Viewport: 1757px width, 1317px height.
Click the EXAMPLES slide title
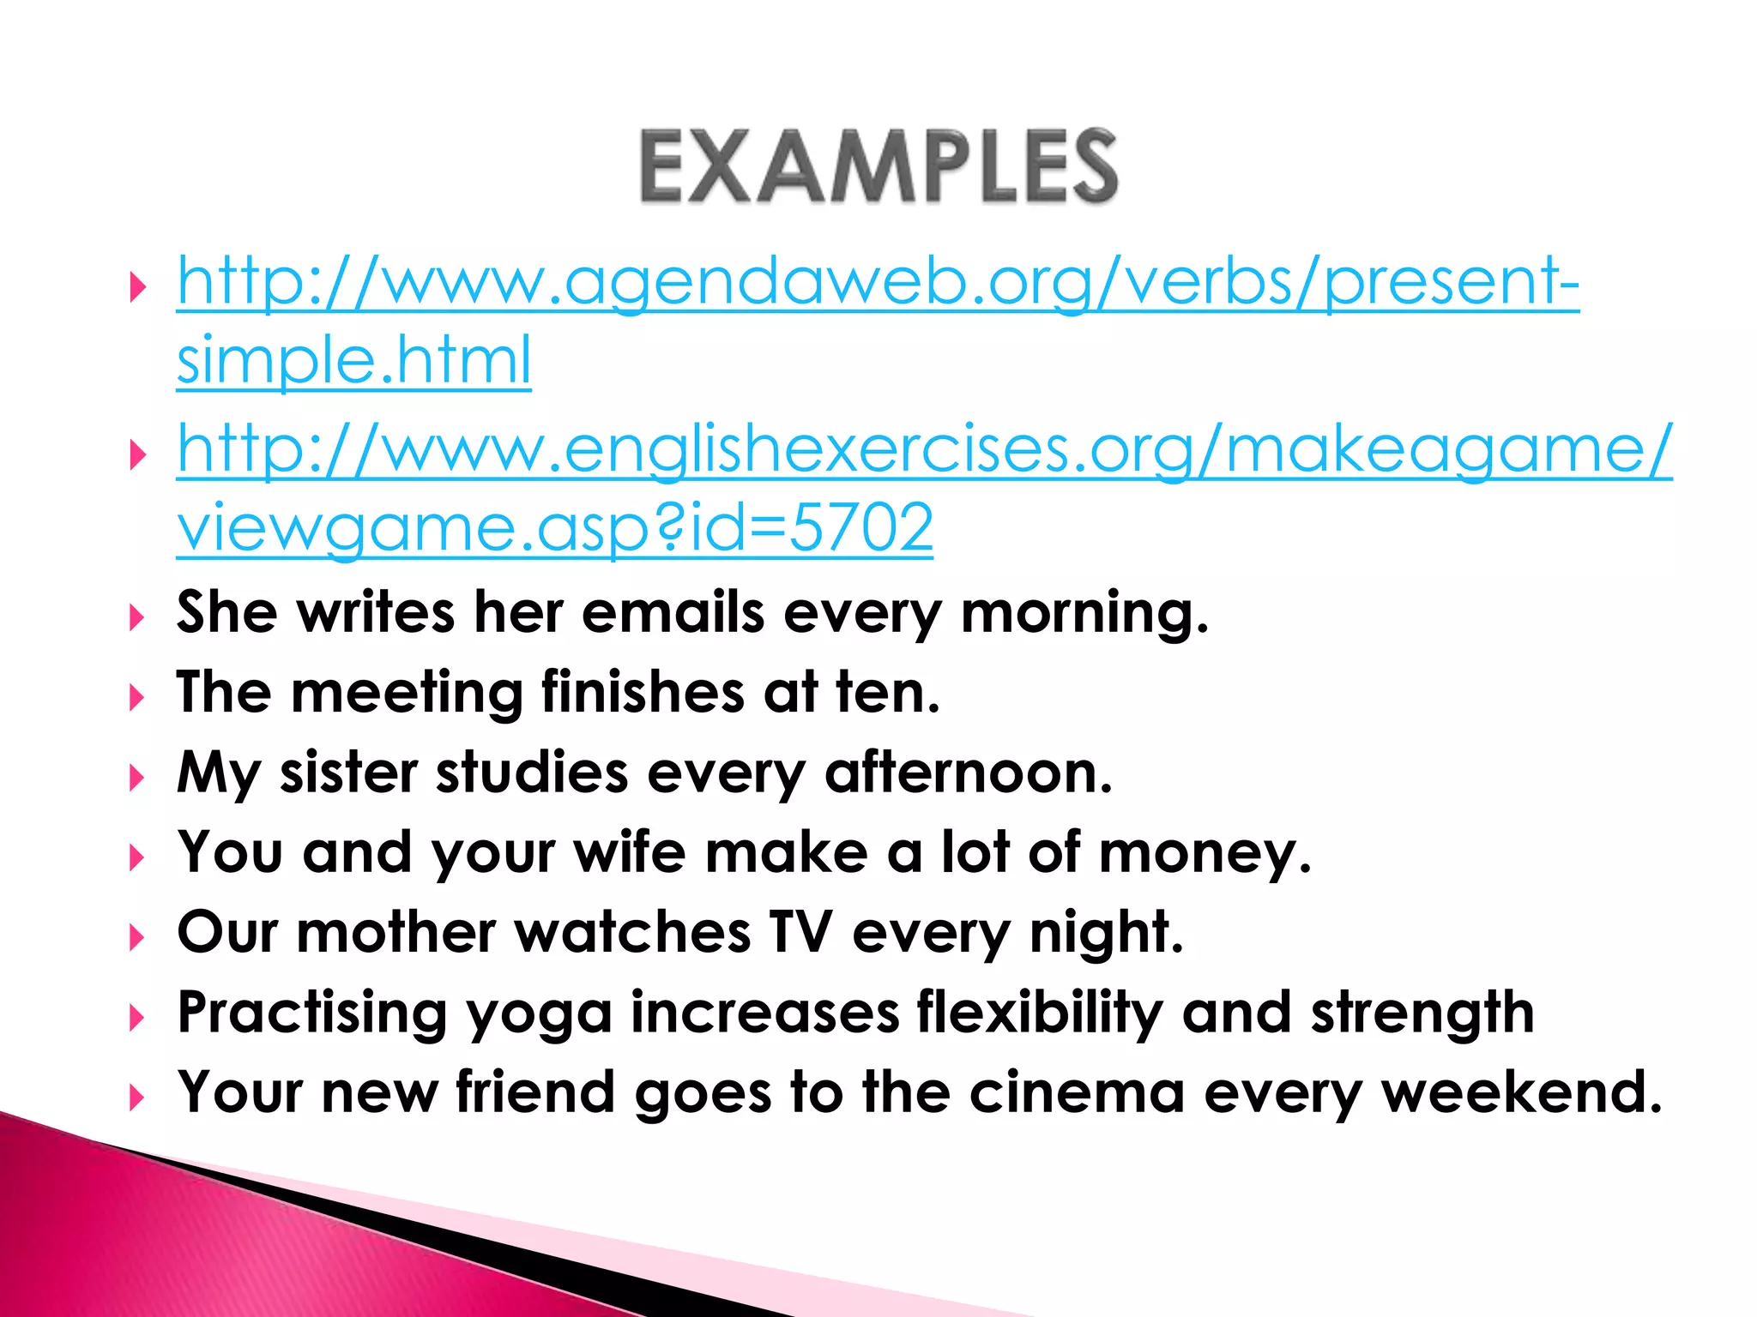pyautogui.click(x=878, y=166)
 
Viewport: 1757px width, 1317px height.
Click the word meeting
pyautogui.click(x=407, y=694)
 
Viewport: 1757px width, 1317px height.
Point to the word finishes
pyautogui.click(x=643, y=692)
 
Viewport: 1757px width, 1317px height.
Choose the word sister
pyautogui.click(x=348, y=773)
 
